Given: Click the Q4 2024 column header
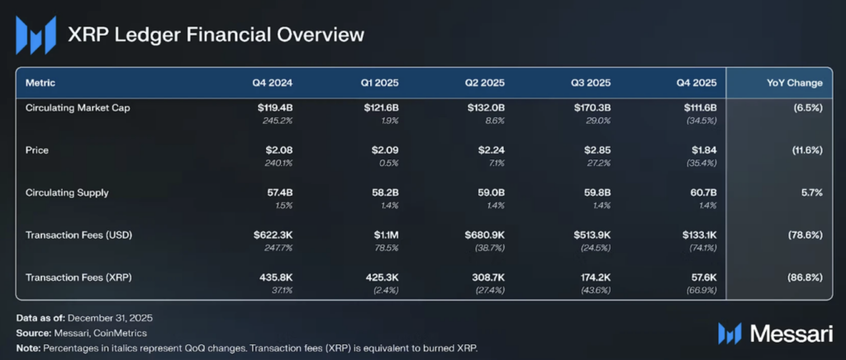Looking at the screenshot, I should [273, 83].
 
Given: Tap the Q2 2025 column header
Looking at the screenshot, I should [485, 83].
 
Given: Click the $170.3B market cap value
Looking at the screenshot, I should [592, 108].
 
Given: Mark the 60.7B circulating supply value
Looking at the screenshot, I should [703, 193].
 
